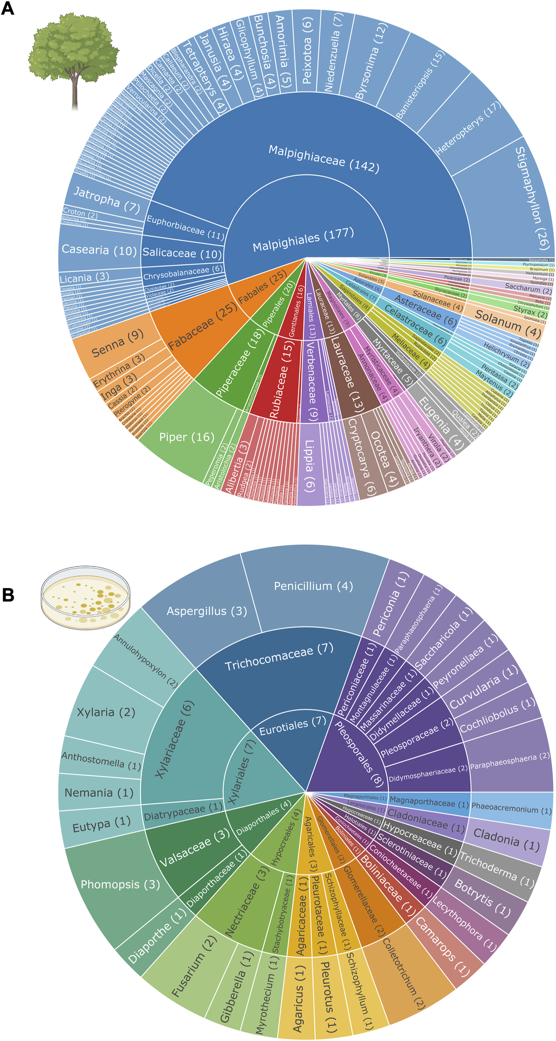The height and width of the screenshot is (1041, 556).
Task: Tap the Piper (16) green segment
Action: click(x=187, y=437)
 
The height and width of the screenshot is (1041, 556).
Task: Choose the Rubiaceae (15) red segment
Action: click(x=279, y=391)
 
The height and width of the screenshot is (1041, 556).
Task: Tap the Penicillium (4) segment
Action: click(x=313, y=586)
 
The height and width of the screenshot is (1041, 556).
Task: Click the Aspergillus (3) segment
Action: click(x=206, y=611)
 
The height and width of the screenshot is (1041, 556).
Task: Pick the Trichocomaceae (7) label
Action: click(x=279, y=658)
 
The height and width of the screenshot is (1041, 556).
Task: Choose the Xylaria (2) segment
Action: click(x=106, y=712)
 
